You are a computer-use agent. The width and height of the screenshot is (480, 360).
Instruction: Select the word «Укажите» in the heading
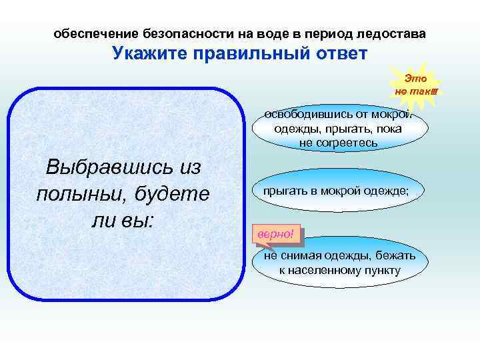(147, 53)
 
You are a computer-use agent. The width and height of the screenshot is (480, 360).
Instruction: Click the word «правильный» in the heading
(249, 53)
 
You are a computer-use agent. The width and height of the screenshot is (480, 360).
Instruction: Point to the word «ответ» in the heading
(339, 53)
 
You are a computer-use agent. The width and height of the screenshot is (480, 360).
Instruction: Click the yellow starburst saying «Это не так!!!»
(415, 85)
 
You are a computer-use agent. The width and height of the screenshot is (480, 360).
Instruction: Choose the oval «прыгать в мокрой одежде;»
(335, 191)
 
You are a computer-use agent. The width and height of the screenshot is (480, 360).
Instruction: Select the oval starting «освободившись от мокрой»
(338, 129)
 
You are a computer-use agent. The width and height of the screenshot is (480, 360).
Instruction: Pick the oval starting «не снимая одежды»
(339, 263)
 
